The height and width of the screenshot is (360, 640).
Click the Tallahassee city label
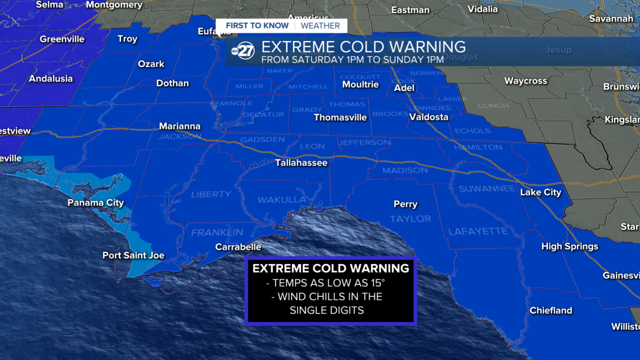click(301, 163)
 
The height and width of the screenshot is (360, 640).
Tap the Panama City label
click(95, 203)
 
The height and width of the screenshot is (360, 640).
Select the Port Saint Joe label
click(133, 255)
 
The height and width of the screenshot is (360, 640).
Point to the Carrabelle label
click(238, 247)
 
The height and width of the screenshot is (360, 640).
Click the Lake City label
click(540, 192)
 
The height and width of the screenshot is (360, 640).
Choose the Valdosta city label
click(428, 117)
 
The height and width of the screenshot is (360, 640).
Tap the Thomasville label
click(340, 117)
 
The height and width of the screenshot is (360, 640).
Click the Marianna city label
click(179, 126)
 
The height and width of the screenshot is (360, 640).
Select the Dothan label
click(172, 83)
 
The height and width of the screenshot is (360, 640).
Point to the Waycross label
click(525, 81)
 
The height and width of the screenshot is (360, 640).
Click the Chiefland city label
click(550, 310)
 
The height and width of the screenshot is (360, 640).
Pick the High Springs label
click(569, 246)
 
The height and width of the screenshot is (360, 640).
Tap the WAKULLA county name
click(281, 200)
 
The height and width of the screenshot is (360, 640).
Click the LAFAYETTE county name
click(478, 231)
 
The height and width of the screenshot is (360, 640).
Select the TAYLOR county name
click(410, 219)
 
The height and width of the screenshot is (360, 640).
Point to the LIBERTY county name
click(211, 194)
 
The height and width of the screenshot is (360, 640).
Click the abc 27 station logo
click(243, 51)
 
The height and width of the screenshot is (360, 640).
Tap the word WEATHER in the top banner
click(320, 26)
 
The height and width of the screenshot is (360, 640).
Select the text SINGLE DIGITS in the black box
click(326, 310)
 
